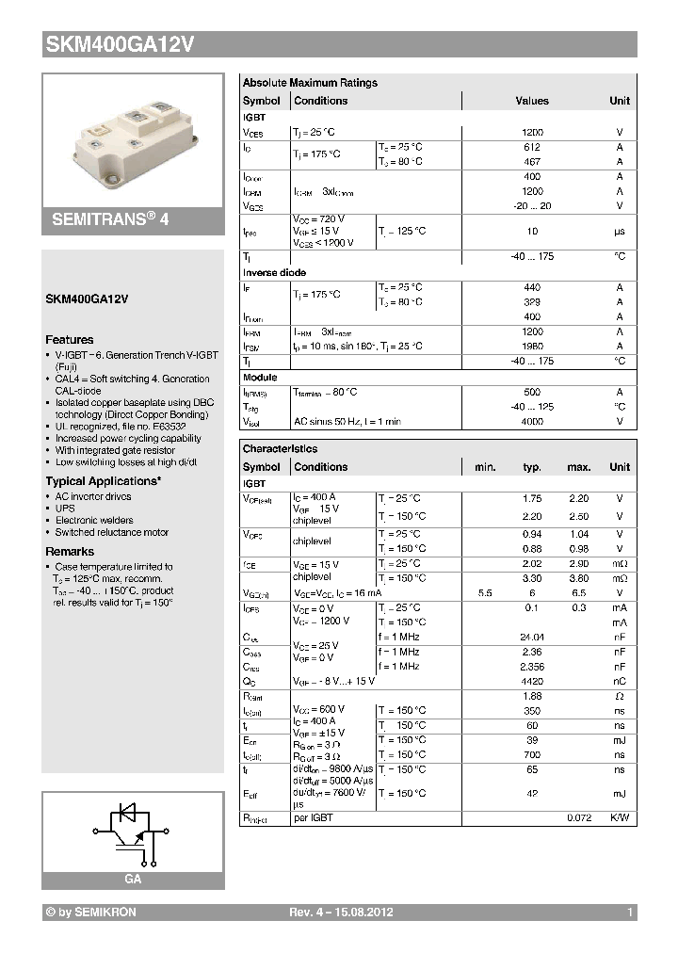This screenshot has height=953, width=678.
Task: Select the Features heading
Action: [70, 339]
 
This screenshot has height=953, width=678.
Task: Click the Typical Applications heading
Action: [103, 480]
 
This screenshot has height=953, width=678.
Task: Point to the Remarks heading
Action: [70, 552]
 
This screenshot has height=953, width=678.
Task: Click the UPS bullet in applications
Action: [65, 508]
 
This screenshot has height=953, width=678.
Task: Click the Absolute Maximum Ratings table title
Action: [310, 83]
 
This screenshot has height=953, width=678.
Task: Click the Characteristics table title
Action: [280, 449]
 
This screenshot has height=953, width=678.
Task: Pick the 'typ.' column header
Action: [532, 467]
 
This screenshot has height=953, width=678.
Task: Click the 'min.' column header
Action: [485, 467]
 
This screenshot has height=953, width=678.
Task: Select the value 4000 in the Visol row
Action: [532, 422]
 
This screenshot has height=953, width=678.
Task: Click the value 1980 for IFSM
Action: [532, 347]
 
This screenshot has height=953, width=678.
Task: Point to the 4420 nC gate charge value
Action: [532, 681]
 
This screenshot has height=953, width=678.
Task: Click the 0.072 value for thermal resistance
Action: [578, 818]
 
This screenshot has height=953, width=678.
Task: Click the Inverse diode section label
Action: [274, 272]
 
